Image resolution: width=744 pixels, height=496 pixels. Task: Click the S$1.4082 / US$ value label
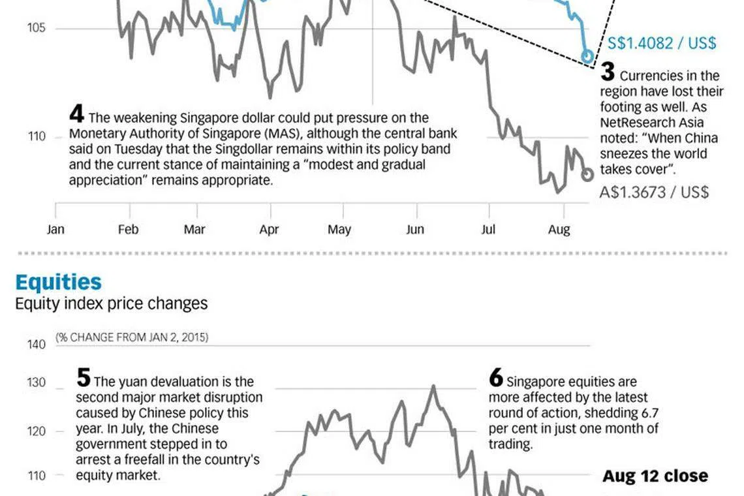pyautogui.click(x=662, y=43)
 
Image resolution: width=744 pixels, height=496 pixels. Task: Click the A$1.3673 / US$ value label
pyautogui.click(x=654, y=193)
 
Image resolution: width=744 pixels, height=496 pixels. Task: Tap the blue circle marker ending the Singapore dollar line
pyautogui.click(x=587, y=56)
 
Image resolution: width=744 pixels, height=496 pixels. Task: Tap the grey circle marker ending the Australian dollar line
pyautogui.click(x=587, y=174)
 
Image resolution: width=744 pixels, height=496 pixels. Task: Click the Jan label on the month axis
pyautogui.click(x=55, y=229)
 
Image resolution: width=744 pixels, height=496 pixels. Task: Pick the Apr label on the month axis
pyautogui.click(x=269, y=229)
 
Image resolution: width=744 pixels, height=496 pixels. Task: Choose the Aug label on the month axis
pyautogui.click(x=559, y=229)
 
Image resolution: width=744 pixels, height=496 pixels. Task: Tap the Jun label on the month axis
pyautogui.click(x=414, y=229)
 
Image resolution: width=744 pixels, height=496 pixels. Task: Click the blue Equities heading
pyautogui.click(x=58, y=283)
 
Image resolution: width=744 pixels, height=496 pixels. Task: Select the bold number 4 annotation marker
pyautogui.click(x=76, y=115)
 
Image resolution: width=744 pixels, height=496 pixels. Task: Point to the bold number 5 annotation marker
pyautogui.click(x=83, y=378)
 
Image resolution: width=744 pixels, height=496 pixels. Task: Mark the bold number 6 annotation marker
pyautogui.click(x=495, y=378)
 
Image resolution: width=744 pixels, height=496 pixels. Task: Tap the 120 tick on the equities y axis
pyautogui.click(x=36, y=431)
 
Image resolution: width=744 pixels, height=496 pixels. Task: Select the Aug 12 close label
pyautogui.click(x=655, y=476)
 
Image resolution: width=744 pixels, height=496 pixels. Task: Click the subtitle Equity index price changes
pyautogui.click(x=111, y=303)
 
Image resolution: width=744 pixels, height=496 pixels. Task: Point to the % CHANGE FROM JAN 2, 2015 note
pyautogui.click(x=131, y=337)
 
